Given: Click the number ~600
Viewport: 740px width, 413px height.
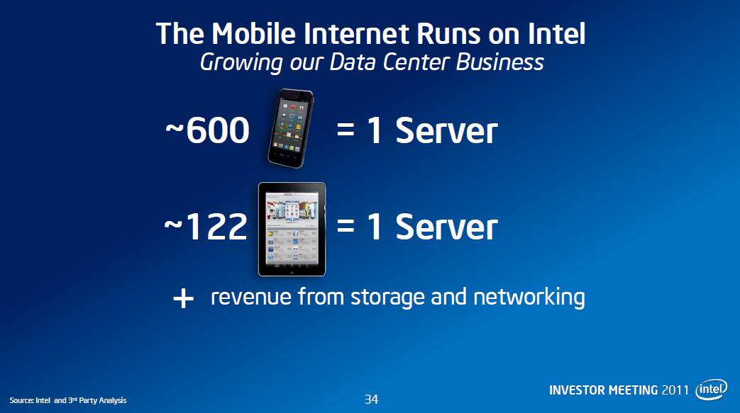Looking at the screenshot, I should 207,131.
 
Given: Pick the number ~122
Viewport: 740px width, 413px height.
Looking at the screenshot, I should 206,227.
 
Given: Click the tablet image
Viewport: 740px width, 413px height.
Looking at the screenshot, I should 292,229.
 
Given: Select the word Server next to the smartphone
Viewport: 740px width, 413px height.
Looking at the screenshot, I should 446,131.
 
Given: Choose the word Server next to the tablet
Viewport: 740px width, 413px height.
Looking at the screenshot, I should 446,227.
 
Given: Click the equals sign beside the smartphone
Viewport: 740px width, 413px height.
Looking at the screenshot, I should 346,132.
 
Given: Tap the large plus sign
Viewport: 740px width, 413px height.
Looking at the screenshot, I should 183,299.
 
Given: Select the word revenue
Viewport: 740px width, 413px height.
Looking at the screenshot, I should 250,297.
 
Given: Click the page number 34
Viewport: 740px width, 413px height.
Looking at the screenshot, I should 371,400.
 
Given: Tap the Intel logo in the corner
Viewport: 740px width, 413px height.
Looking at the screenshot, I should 712,390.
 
